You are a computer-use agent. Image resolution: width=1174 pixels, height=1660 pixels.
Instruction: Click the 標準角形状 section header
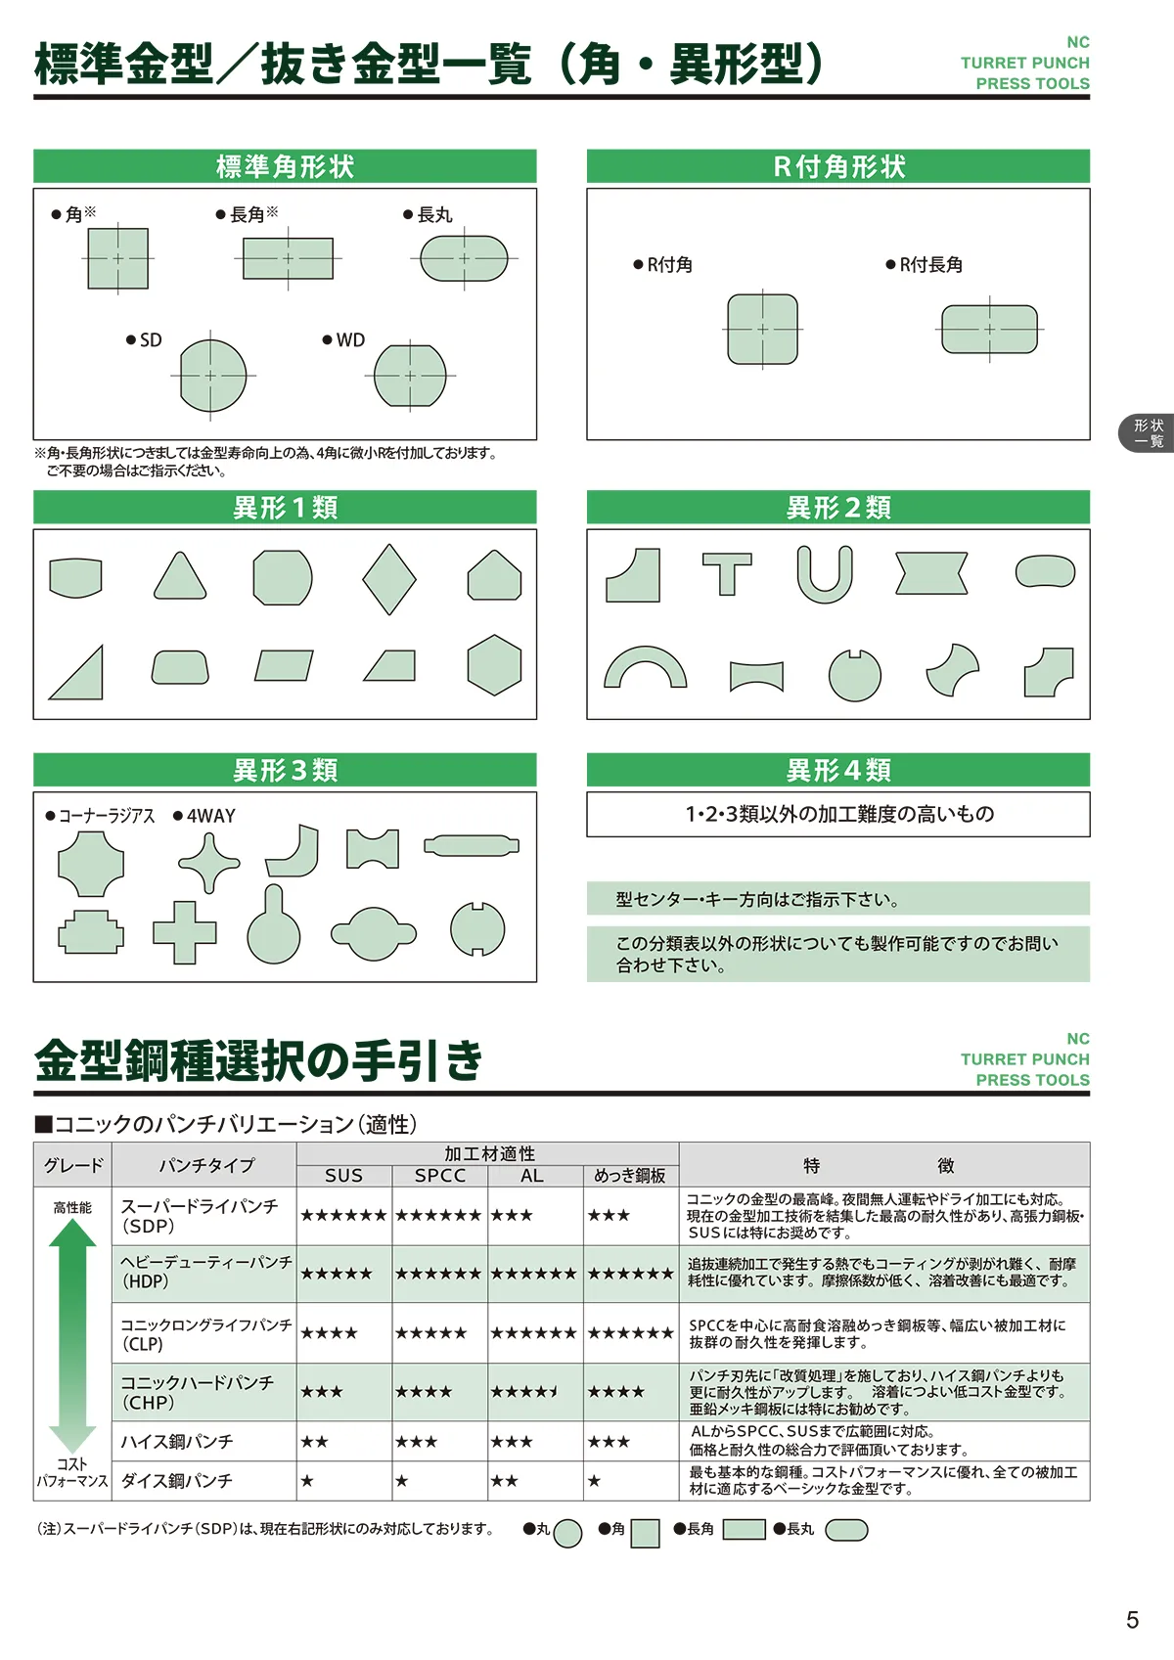click(285, 166)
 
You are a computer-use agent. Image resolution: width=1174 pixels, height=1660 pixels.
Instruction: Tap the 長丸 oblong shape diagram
click(464, 258)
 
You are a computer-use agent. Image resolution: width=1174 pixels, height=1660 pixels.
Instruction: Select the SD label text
click(151, 340)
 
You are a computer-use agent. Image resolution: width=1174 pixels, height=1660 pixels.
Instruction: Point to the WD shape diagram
click(410, 376)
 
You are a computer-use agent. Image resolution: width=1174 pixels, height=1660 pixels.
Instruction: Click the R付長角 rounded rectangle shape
click(989, 329)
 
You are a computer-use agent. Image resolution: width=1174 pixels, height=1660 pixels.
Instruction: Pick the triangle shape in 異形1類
click(180, 576)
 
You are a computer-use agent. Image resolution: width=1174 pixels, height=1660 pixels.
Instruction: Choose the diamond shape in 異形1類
click(389, 579)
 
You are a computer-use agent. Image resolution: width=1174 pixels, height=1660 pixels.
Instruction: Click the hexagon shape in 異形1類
click(494, 665)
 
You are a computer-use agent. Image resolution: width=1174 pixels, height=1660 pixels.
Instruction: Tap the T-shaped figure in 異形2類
click(727, 574)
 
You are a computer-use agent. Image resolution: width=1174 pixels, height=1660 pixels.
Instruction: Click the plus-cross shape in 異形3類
click(185, 932)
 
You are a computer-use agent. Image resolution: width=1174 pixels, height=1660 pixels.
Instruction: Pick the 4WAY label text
click(210, 816)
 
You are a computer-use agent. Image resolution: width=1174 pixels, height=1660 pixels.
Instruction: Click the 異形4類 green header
click(838, 770)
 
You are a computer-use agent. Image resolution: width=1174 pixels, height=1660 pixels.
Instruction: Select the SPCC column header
click(440, 1176)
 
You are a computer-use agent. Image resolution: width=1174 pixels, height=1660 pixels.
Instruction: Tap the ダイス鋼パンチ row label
click(176, 1481)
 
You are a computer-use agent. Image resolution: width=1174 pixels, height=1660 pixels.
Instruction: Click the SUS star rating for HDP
click(337, 1274)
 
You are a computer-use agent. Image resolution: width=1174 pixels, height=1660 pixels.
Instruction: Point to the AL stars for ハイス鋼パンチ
click(512, 1442)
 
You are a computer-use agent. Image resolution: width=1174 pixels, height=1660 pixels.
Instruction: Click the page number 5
click(1132, 1620)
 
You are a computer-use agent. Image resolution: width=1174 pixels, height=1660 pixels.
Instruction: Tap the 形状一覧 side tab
click(1148, 433)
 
